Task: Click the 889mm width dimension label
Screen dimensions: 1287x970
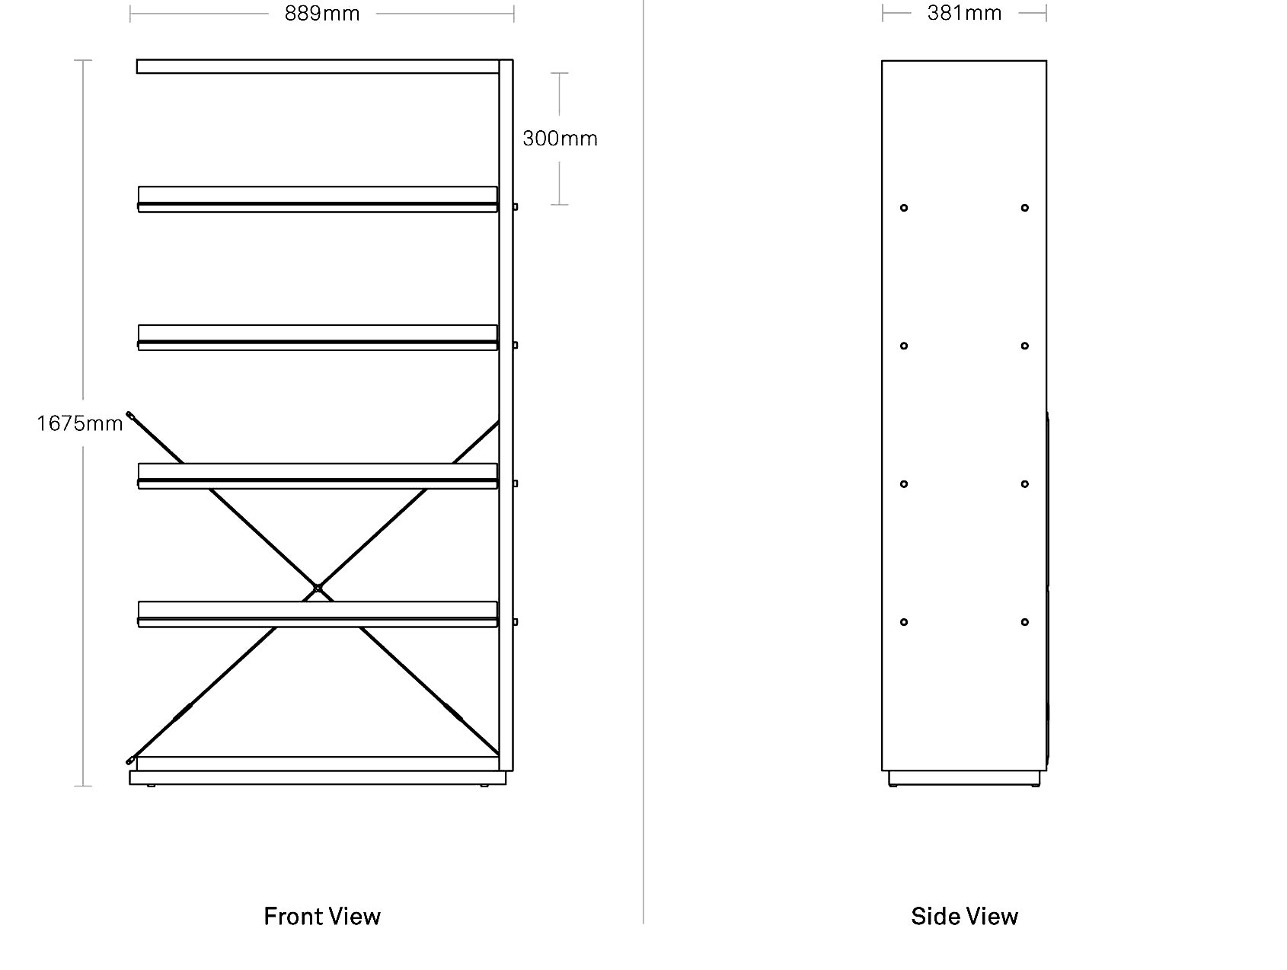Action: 322,14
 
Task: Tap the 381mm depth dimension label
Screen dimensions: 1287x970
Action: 964,13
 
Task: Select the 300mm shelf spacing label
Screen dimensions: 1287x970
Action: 560,139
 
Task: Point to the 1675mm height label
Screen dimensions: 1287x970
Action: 80,423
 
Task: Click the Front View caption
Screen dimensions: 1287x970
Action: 322,916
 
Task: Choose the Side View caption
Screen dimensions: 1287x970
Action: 964,916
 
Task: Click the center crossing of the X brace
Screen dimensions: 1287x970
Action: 318,588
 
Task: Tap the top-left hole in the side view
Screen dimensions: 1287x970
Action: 904,208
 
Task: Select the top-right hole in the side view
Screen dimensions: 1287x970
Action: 1025,208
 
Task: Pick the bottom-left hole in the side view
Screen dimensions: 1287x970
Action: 904,622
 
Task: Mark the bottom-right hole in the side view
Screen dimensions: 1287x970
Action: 1025,622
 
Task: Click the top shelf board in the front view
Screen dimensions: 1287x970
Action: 318,66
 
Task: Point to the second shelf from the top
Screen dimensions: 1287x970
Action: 318,199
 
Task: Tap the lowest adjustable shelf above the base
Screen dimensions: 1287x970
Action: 318,614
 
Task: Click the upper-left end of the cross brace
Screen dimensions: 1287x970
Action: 130,415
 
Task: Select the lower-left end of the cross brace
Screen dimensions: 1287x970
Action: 130,760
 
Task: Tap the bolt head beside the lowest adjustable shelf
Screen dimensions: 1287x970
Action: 516,622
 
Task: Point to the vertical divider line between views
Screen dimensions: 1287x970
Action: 643,461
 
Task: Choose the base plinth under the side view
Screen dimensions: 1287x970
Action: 964,778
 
